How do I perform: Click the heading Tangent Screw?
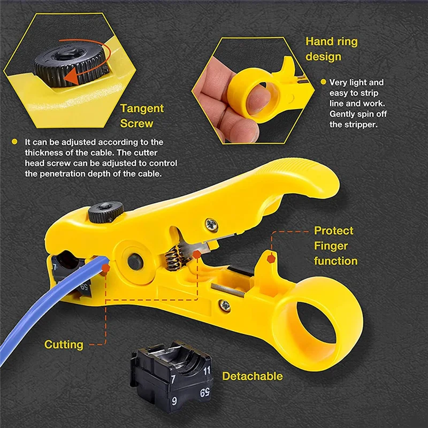click(x=141, y=116)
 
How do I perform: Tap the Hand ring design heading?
click(x=331, y=49)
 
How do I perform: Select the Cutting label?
click(x=64, y=345)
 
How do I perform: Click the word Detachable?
click(x=252, y=376)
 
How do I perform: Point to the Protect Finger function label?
click(x=335, y=246)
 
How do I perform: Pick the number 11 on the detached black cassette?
click(x=207, y=370)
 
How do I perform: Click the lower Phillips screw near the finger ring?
click(x=225, y=305)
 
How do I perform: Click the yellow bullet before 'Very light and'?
click(x=323, y=82)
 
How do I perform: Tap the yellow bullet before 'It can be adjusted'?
click(x=15, y=142)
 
